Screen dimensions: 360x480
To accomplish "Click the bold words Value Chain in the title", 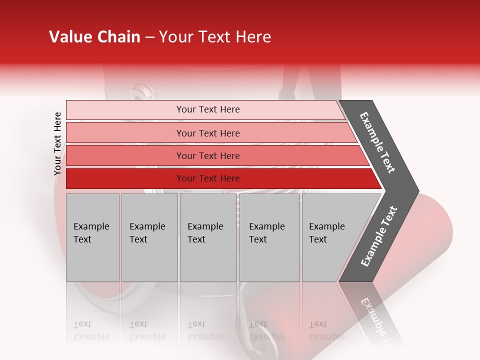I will [94, 37].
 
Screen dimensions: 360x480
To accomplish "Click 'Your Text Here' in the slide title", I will [215, 37].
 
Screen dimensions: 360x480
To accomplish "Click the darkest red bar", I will [125, 178].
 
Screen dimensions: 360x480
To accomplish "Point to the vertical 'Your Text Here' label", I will [57, 144].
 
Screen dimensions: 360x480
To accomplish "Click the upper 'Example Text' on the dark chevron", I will [377, 142].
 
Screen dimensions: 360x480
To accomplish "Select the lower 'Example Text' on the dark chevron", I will [379, 236].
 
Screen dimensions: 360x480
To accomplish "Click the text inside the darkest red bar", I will [208, 178].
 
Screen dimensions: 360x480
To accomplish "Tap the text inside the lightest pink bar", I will [208, 109].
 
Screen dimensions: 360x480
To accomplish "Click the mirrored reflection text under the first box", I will [91, 330].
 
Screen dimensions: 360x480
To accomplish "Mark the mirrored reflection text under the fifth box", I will [326, 330].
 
